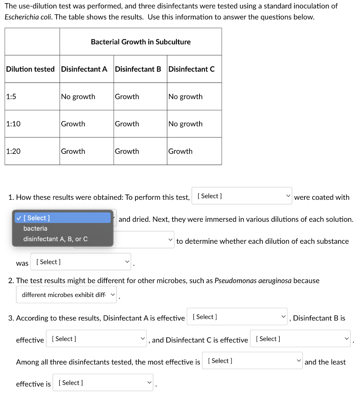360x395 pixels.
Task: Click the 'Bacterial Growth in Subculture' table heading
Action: [140, 42]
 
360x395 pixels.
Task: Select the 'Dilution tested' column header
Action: [30, 69]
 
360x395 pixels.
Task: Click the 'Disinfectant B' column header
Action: [138, 69]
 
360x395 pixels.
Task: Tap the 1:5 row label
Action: [11, 96]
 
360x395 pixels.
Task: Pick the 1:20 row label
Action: [13, 151]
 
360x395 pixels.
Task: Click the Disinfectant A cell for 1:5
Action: [78, 96]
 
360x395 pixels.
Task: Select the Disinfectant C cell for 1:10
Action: [185, 124]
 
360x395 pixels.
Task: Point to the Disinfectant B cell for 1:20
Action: [127, 151]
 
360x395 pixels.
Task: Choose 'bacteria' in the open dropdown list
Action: [35, 228]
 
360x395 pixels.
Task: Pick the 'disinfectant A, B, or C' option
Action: [56, 239]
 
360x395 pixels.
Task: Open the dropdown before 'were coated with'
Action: [242, 196]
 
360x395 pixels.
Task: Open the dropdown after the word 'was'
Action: [81, 262]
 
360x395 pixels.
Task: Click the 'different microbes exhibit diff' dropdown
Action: [66, 295]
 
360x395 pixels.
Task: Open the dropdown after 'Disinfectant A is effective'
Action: [237, 317]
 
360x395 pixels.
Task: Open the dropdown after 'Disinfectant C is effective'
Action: [300, 339]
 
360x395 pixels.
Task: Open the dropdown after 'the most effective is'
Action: [252, 361]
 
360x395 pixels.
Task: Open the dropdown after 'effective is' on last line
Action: [103, 383]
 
